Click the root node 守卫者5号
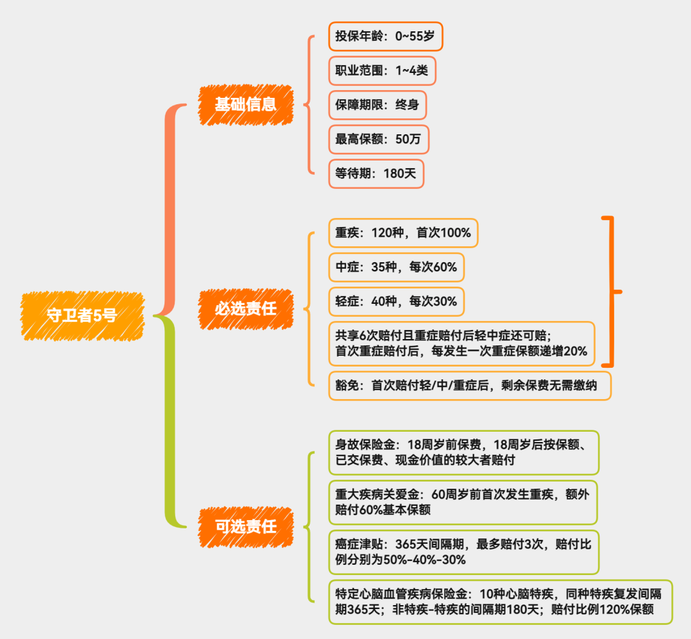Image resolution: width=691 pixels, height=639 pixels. (82, 315)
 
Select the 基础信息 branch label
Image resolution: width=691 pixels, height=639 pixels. (246, 104)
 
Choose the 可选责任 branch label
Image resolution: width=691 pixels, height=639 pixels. (246, 526)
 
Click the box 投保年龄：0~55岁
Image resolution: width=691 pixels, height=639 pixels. (386, 36)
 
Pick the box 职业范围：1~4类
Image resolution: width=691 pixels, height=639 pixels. (382, 70)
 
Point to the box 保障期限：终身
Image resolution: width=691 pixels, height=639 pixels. (377, 105)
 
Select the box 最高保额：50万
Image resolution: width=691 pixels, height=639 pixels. (379, 139)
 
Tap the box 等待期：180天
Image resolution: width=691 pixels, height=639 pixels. (376, 173)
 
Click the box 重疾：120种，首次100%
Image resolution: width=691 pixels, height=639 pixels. (403, 233)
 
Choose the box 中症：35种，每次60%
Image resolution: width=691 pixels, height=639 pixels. (396, 267)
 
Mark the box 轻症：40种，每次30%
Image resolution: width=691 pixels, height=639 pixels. (396, 301)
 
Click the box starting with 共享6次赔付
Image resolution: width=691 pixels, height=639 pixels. (461, 343)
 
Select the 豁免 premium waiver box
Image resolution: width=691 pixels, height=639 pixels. (469, 386)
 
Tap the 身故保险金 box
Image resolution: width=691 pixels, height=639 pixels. (463, 451)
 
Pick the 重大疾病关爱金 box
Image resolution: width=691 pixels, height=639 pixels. (463, 502)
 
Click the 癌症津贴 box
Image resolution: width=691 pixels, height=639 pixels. (463, 551)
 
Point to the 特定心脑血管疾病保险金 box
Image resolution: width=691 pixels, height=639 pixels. (500, 601)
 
